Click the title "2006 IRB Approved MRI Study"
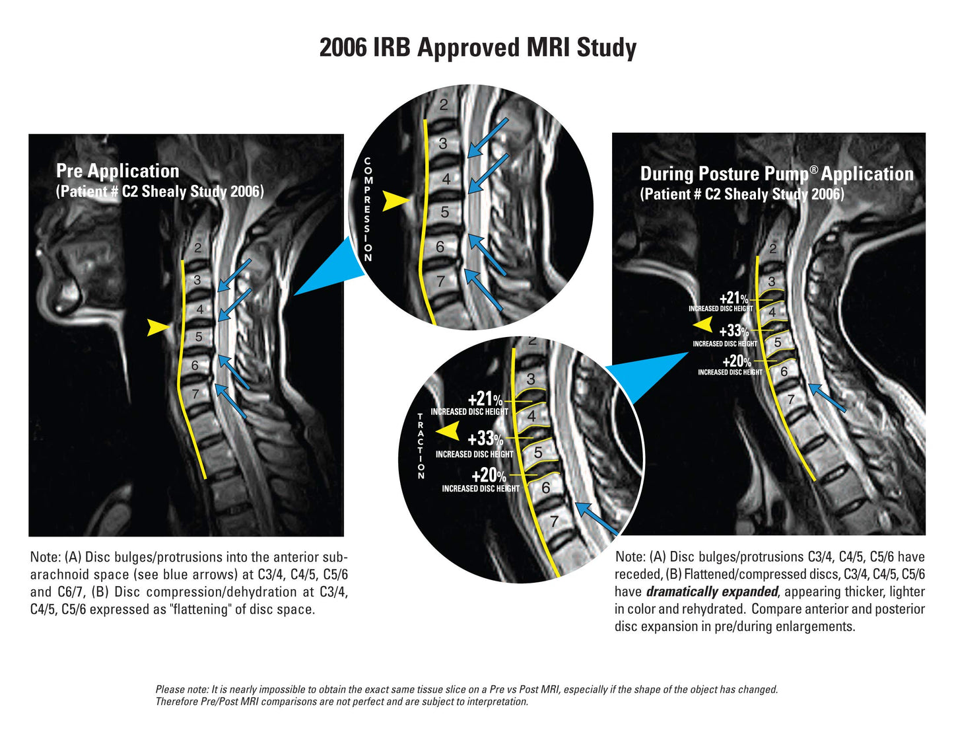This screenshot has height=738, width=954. (477, 48)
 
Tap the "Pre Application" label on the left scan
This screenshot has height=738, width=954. (118, 171)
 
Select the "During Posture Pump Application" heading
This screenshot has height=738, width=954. (776, 174)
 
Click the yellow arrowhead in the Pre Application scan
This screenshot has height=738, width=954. (157, 326)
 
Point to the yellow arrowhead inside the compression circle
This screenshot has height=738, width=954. (395, 201)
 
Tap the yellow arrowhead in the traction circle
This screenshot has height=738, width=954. (448, 431)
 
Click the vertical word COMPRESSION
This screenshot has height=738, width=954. (368, 209)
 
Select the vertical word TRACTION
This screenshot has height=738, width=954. (421, 446)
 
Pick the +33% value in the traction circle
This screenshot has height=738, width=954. (485, 439)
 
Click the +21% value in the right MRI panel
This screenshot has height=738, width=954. (733, 299)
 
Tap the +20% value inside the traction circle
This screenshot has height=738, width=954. (489, 476)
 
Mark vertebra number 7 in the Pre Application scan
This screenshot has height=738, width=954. (195, 394)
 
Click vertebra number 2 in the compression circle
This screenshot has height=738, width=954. (444, 104)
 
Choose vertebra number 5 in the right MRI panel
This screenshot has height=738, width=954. (778, 342)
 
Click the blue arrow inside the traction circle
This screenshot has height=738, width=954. (596, 519)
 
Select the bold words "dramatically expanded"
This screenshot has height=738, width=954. (712, 592)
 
